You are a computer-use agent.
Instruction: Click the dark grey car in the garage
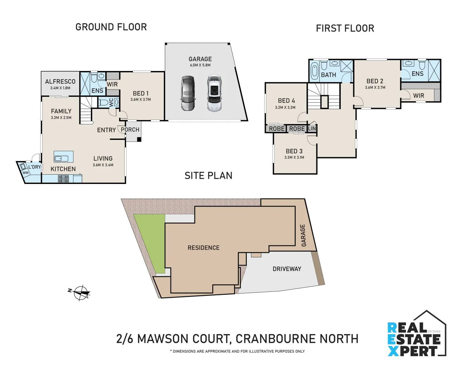pos(188,93)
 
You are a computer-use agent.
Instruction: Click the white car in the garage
pos(214,93)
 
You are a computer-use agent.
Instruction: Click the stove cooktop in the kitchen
pos(63,178)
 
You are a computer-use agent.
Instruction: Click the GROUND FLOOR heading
pos(111,27)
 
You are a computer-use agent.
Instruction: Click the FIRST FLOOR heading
pos(345,28)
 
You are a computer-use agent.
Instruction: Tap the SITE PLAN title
pos(208,176)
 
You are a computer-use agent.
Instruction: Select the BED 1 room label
pos(140,93)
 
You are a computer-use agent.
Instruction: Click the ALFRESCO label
pos(60,82)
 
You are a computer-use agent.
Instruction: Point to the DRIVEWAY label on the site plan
pos(287,269)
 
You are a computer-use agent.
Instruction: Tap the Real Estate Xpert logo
pos(416,336)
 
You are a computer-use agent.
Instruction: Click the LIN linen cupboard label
pos(312,128)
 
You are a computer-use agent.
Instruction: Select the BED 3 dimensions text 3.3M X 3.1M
pos(294,157)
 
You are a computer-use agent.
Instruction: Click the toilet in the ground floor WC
pos(103,102)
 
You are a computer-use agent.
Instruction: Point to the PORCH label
pos(130,130)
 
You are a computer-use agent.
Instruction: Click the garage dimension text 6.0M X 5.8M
pos(200,65)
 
